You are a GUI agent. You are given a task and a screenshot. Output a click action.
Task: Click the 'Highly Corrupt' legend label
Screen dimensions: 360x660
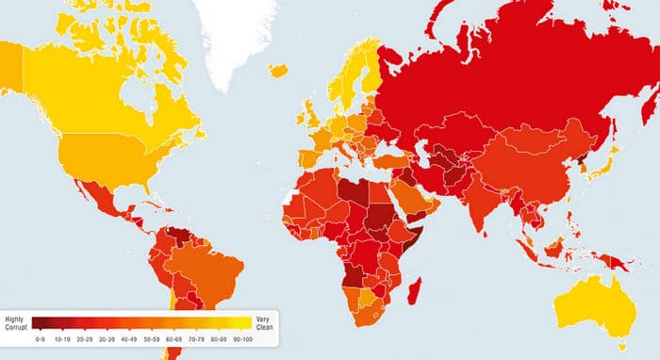pyautogui.click(x=15, y=322)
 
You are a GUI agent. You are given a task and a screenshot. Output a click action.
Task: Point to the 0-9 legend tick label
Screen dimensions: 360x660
pyautogui.click(x=40, y=337)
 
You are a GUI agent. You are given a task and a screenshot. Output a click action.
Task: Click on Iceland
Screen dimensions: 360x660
pyautogui.click(x=279, y=70)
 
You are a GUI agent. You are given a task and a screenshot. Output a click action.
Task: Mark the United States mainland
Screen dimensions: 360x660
pyautogui.click(x=104, y=155)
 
